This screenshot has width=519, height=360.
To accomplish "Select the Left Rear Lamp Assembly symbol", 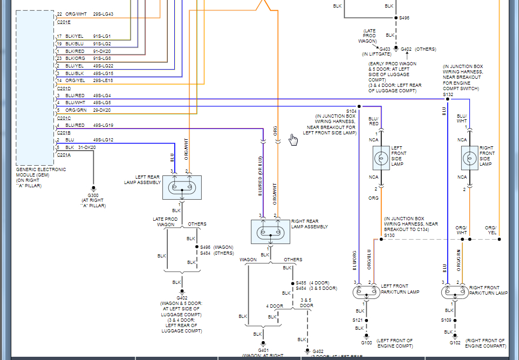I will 182,187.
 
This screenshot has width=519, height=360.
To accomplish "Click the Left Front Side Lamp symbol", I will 381,158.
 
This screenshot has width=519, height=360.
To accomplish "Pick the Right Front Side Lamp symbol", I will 469,158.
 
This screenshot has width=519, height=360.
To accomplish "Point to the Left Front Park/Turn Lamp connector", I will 366,292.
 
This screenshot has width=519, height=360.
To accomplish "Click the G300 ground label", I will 93,195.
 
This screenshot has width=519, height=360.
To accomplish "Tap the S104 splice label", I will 352,111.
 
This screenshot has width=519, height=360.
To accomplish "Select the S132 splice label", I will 448,94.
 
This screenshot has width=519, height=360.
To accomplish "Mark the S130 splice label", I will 390,235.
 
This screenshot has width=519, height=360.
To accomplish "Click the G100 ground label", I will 366,343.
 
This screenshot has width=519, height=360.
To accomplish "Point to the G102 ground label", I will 455,343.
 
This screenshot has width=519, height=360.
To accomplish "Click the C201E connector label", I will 64,23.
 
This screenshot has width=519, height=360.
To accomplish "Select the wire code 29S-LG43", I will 103,13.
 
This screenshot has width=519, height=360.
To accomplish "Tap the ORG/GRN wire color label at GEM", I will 76,110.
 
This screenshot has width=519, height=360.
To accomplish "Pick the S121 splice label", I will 358,320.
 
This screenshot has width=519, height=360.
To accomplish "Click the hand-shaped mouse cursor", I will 293,140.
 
